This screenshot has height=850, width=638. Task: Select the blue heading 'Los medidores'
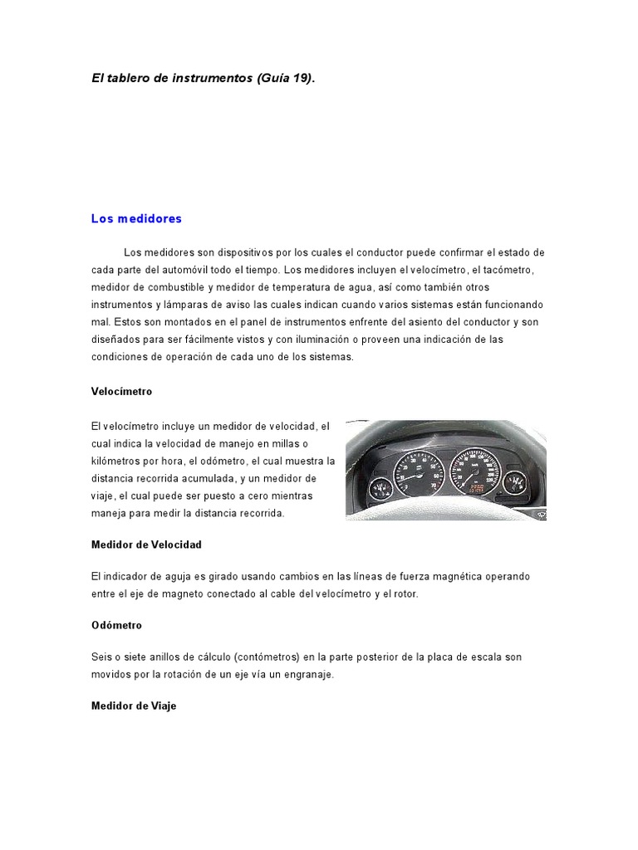click(x=136, y=219)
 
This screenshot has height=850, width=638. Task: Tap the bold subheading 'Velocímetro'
click(x=121, y=391)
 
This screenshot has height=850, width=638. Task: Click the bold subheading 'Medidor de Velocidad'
click(x=146, y=545)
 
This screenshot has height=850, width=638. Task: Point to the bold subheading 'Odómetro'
click(x=116, y=625)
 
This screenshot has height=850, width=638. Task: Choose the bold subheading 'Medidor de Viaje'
click(x=134, y=706)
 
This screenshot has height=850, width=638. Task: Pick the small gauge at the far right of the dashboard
click(x=518, y=483)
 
